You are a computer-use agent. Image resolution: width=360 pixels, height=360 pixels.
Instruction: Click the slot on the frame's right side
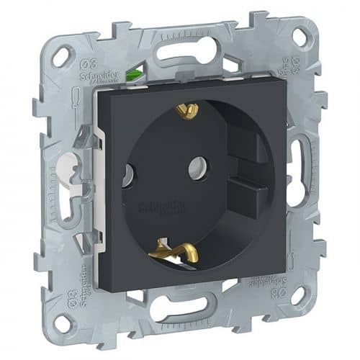297,165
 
